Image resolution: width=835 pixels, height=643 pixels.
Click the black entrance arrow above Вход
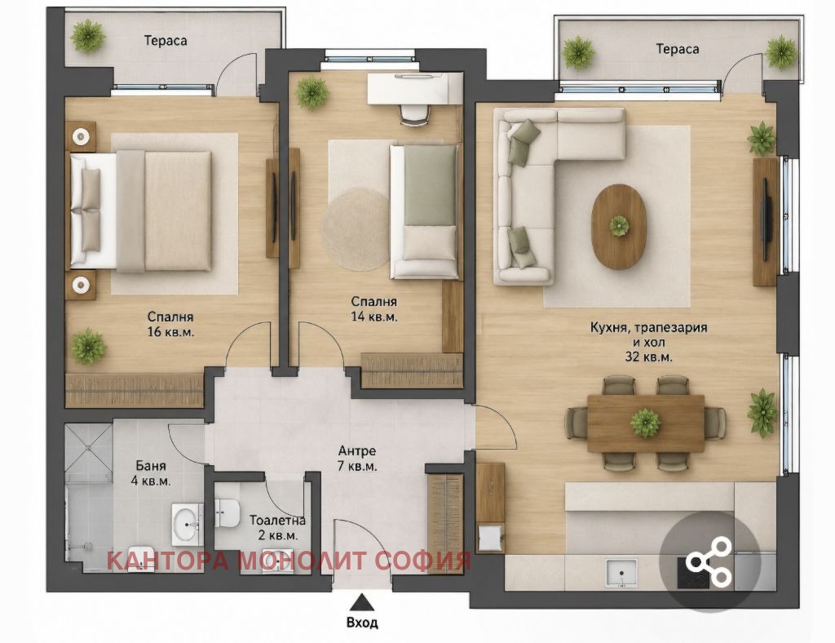tap(363, 601)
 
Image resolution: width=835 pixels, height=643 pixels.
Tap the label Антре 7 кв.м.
tap(357, 459)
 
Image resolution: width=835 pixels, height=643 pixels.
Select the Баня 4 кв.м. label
tap(151, 473)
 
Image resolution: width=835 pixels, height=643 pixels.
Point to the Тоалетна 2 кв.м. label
tap(277, 527)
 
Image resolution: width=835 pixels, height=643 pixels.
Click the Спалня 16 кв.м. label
tap(170, 325)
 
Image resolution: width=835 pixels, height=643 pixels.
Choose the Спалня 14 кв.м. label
tap(373, 309)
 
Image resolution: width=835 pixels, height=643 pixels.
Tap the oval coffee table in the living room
tap(620, 226)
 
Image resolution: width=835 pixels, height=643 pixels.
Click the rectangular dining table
tap(646, 423)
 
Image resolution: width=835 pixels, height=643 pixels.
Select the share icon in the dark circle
tap(709, 562)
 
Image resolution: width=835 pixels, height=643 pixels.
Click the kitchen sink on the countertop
tap(621, 574)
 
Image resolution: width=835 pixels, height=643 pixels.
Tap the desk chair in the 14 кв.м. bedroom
tap(414, 113)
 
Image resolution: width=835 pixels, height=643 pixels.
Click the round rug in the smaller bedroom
tap(356, 231)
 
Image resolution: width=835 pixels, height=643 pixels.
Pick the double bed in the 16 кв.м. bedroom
tap(140, 211)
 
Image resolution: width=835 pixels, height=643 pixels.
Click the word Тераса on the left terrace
tap(166, 41)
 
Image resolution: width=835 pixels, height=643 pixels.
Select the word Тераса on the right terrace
tap(678, 49)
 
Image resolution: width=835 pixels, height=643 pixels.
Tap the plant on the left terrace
tap(88, 36)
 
